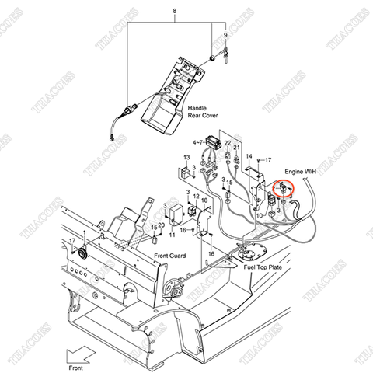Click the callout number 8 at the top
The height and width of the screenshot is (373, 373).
[x=175, y=10]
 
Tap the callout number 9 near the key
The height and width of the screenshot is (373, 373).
[x=226, y=36]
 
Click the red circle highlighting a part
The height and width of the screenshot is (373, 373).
[x=285, y=189]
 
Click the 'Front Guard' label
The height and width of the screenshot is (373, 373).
[x=170, y=256]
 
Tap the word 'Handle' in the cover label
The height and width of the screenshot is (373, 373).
[x=197, y=108]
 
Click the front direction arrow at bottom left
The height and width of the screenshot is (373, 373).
[x=80, y=352]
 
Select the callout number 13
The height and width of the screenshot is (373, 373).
[x=186, y=158]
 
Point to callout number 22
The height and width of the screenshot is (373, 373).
[x=227, y=143]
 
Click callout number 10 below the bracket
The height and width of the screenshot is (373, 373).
[x=259, y=215]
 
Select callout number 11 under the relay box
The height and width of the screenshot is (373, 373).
[x=172, y=234]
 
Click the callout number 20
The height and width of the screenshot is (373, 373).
[x=161, y=226]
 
